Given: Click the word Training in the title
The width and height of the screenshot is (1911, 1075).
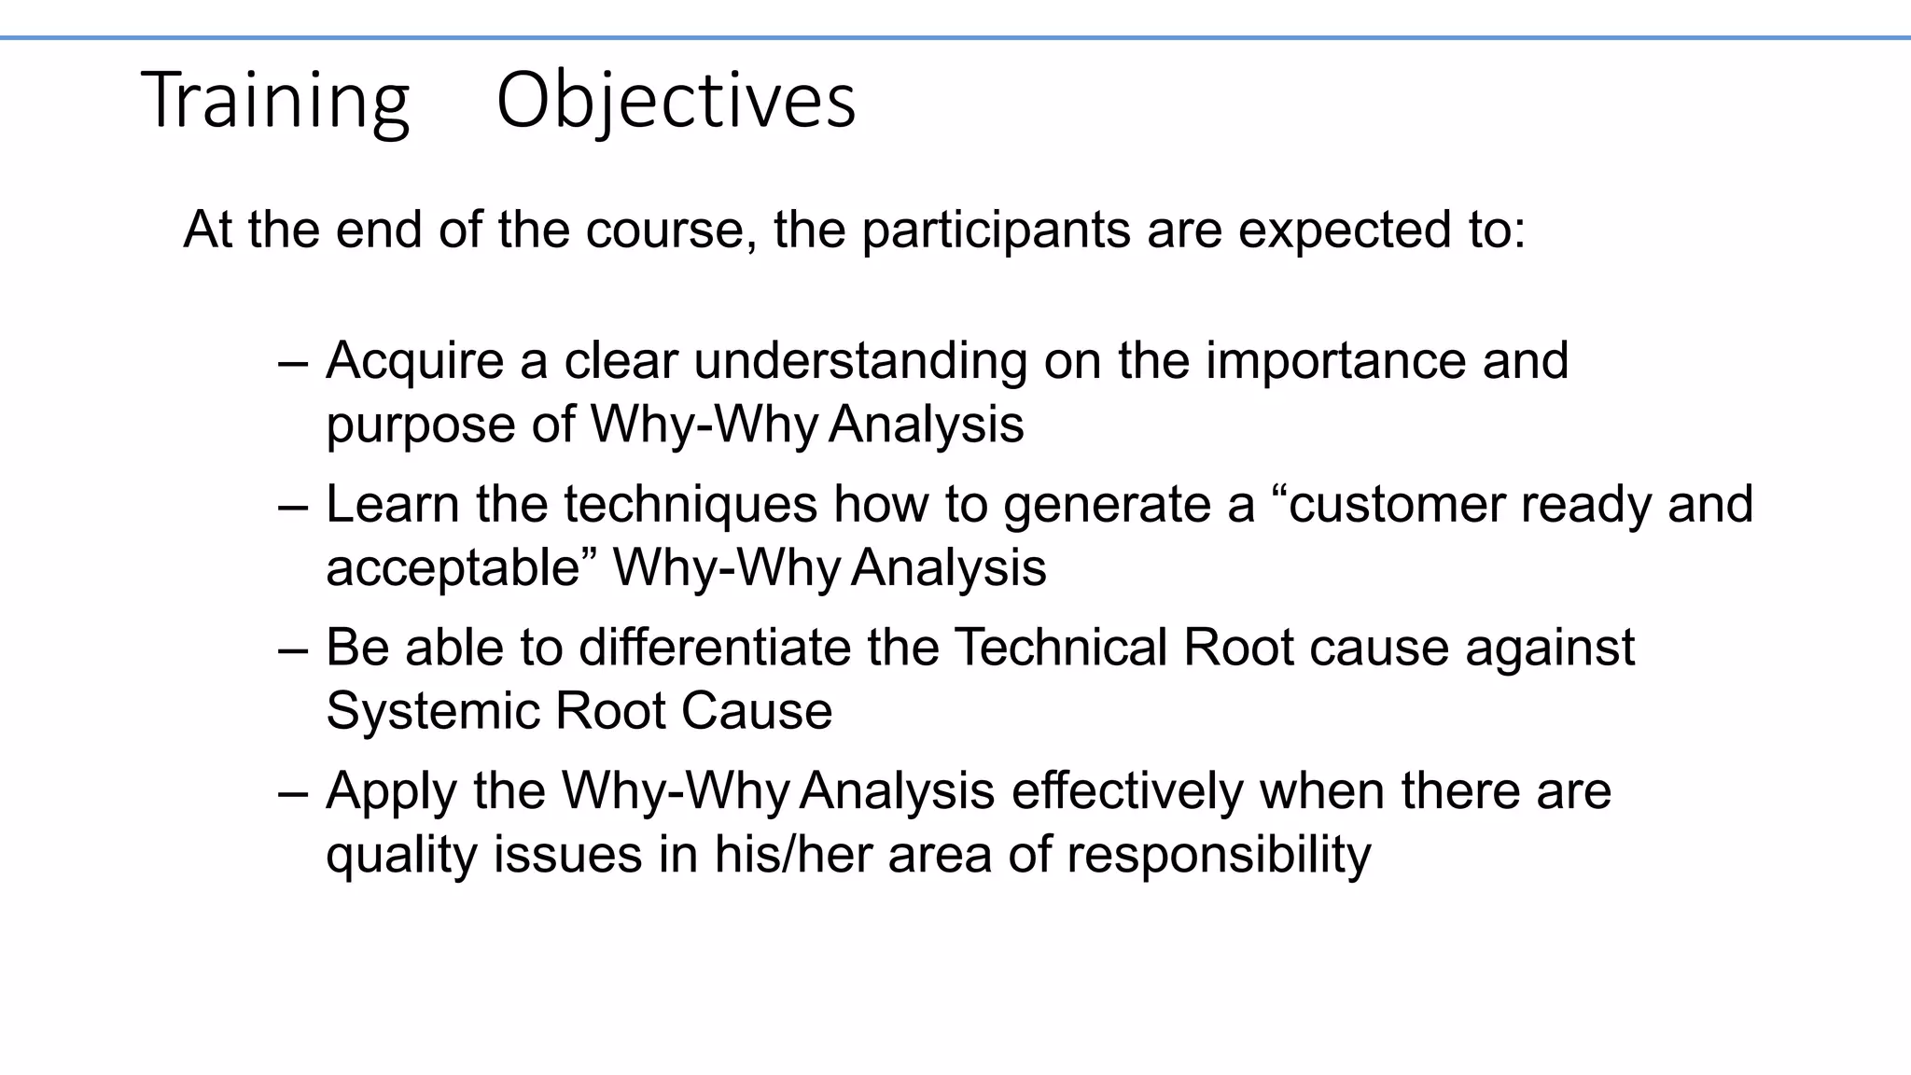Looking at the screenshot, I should pos(275,100).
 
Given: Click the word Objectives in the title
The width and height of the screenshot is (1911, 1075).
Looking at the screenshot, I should pos(676,100).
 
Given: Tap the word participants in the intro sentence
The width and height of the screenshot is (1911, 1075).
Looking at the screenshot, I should pos(996,230).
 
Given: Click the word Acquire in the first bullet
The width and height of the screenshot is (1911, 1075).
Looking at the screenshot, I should pos(414,360).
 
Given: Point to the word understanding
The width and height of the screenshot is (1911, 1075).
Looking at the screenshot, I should pos(859,360).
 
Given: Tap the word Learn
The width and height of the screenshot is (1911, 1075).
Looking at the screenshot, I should pos(392,504).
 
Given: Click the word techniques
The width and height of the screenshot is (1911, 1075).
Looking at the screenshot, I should pos(690,504).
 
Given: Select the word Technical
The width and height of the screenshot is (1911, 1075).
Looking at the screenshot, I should pos(1060,648).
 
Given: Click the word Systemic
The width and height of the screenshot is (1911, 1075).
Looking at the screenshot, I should pos(432,711).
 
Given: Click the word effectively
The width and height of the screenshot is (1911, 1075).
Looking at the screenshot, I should pos(1127,791).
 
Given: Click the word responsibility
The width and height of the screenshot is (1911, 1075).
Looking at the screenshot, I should pos(1219,855).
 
